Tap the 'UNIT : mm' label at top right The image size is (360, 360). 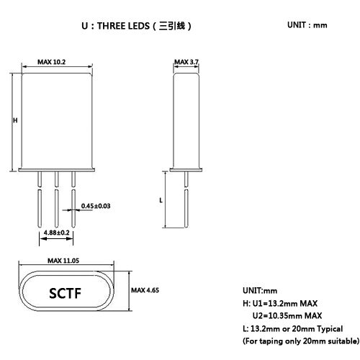pos(307,25)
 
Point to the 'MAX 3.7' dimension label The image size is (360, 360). pos(186,63)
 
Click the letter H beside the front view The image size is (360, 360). pos(15,121)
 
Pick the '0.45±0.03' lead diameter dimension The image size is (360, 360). pos(96,207)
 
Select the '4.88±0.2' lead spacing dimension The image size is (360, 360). pos(56,233)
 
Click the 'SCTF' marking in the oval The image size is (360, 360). pos(64,294)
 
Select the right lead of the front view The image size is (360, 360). pos(73,205)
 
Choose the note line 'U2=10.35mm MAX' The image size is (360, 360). pos(287,315)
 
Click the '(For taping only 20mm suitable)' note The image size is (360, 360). pos(300,340)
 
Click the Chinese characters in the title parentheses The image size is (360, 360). pos(170,26)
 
